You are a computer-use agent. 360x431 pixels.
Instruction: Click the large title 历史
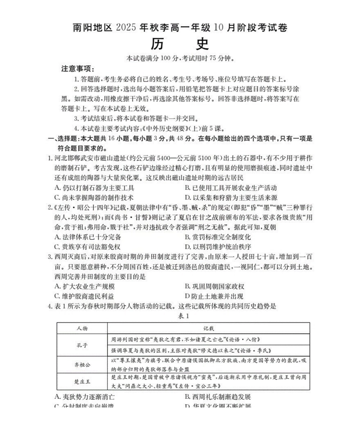pos(180,44)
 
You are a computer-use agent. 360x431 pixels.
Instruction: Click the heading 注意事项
pos(78,69)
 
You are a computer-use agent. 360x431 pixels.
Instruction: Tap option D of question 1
pos(231,197)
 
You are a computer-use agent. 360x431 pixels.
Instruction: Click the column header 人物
pos(82,328)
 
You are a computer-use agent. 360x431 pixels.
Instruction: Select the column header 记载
pos(208,328)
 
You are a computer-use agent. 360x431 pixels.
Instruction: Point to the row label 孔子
pos(82,345)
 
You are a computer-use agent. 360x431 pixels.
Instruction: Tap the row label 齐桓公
pos(82,365)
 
